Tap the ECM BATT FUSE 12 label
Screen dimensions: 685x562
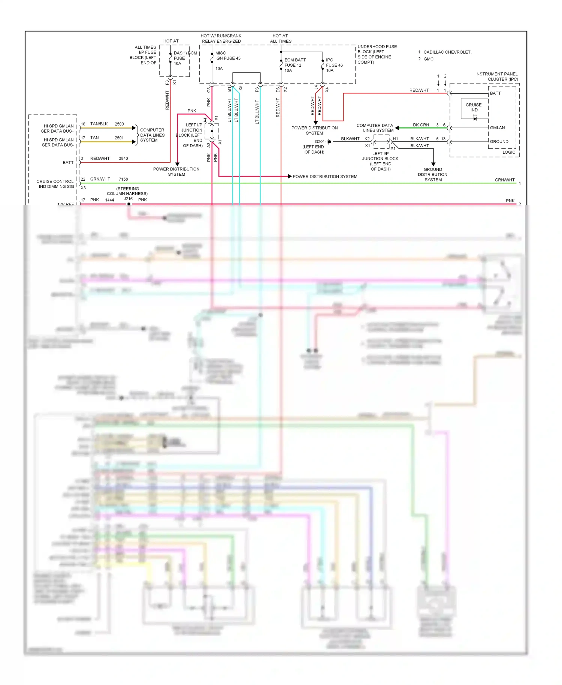coord(294,65)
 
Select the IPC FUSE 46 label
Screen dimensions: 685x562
coord(334,65)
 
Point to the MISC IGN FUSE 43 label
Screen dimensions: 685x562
coord(227,56)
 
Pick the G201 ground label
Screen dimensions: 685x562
coord(320,142)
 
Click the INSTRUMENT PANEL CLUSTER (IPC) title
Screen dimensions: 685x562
coord(496,76)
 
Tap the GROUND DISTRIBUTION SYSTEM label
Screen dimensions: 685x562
coord(433,175)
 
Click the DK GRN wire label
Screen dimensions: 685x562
coord(421,125)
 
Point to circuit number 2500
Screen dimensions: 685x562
coord(119,124)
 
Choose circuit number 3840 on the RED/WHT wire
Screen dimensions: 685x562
coord(123,159)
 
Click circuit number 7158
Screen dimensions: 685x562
coord(123,179)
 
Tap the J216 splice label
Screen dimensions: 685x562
coord(128,199)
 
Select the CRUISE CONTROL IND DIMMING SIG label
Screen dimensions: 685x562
coord(55,184)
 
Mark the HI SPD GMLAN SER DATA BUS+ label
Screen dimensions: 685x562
coord(58,129)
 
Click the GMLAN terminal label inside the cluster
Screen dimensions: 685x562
coord(497,128)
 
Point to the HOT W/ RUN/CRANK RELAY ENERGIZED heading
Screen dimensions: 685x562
coord(221,39)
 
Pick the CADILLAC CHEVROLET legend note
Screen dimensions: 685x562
coord(447,52)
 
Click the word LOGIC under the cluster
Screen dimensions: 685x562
coord(508,152)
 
